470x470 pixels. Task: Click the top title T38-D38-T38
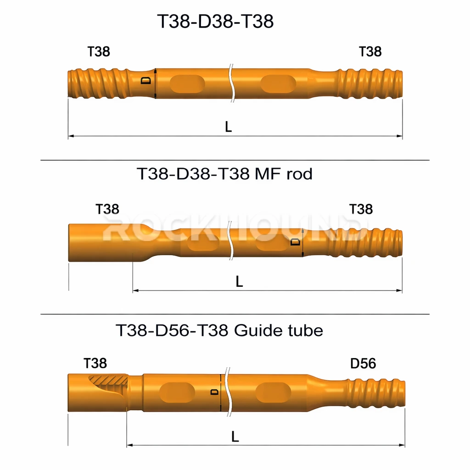click(x=215, y=22)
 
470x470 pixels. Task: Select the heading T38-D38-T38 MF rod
click(x=224, y=174)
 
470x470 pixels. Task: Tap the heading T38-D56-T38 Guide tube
click(x=219, y=330)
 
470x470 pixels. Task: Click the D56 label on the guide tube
click(x=363, y=364)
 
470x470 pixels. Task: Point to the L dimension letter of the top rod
click(x=228, y=127)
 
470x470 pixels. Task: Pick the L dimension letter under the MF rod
click(x=239, y=282)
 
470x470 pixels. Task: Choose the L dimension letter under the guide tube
click(x=235, y=437)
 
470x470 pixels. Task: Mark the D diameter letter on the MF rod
click(x=296, y=241)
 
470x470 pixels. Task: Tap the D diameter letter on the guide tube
click(x=213, y=392)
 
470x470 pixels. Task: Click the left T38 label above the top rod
click(x=99, y=51)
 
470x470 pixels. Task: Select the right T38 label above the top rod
click(x=370, y=51)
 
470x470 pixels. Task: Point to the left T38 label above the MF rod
click(x=107, y=209)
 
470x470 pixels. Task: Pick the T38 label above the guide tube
click(x=95, y=364)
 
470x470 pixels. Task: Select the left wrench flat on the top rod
click(x=187, y=84)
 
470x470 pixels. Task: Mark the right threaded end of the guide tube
click(x=376, y=393)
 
